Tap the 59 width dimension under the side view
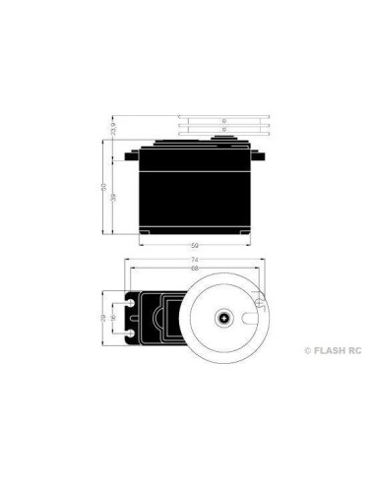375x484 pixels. [x=195, y=245]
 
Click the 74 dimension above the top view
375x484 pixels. [x=195, y=261]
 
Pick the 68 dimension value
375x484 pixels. [x=195, y=269]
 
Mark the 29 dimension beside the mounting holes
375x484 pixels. [x=105, y=318]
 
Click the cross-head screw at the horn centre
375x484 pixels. [x=225, y=318]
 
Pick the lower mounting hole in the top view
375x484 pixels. [x=132, y=333]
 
